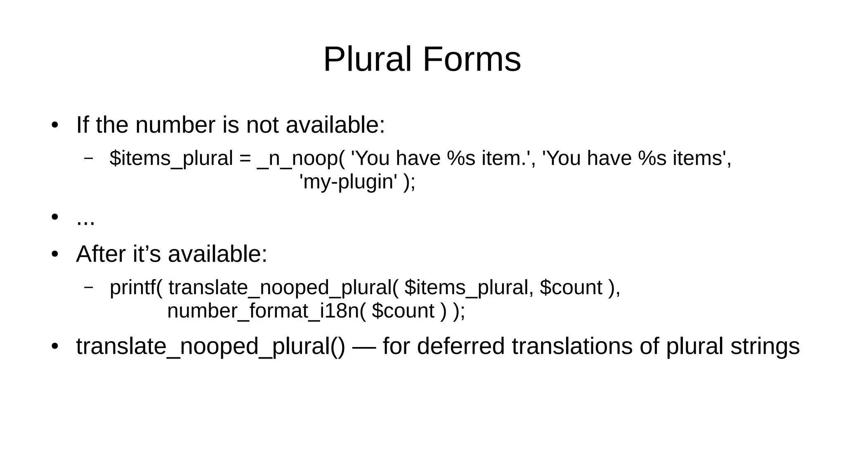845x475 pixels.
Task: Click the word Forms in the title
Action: [472, 60]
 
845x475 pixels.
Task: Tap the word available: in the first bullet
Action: [335, 125]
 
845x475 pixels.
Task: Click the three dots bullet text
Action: [85, 219]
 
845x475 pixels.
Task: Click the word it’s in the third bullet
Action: [146, 254]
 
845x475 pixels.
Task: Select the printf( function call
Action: [136, 287]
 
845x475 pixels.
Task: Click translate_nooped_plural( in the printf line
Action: [283, 287]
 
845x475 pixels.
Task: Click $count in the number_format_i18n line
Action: [403, 311]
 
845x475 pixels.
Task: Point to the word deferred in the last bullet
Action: [461, 346]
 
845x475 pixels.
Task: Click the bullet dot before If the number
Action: [54, 125]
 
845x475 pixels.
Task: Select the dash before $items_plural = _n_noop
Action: [88, 158]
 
